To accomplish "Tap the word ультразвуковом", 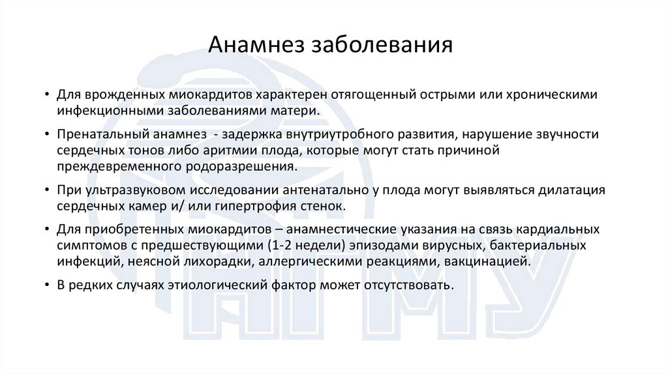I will (136, 191).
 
